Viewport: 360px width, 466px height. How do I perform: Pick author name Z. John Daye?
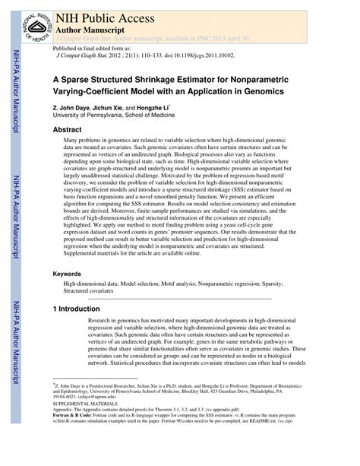coord(74,107)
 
